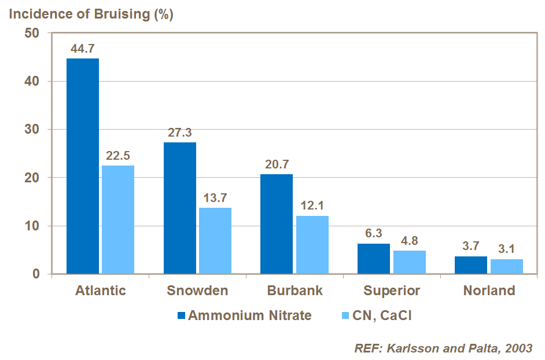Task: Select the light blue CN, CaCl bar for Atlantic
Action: [x=118, y=219]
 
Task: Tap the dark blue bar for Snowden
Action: [x=180, y=208]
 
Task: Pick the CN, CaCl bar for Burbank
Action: [x=312, y=244]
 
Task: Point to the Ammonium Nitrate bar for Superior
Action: [x=374, y=259]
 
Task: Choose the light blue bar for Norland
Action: [x=507, y=266]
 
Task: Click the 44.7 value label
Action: [x=83, y=49]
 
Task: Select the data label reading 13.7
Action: [x=215, y=198]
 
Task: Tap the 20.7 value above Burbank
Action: [x=277, y=164]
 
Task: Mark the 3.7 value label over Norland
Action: [x=471, y=246]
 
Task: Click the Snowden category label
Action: [x=197, y=291]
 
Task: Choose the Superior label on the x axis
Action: [x=392, y=291]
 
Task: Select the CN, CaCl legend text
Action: [x=382, y=316]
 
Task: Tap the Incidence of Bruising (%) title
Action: [x=90, y=14]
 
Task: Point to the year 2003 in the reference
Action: [x=518, y=348]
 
